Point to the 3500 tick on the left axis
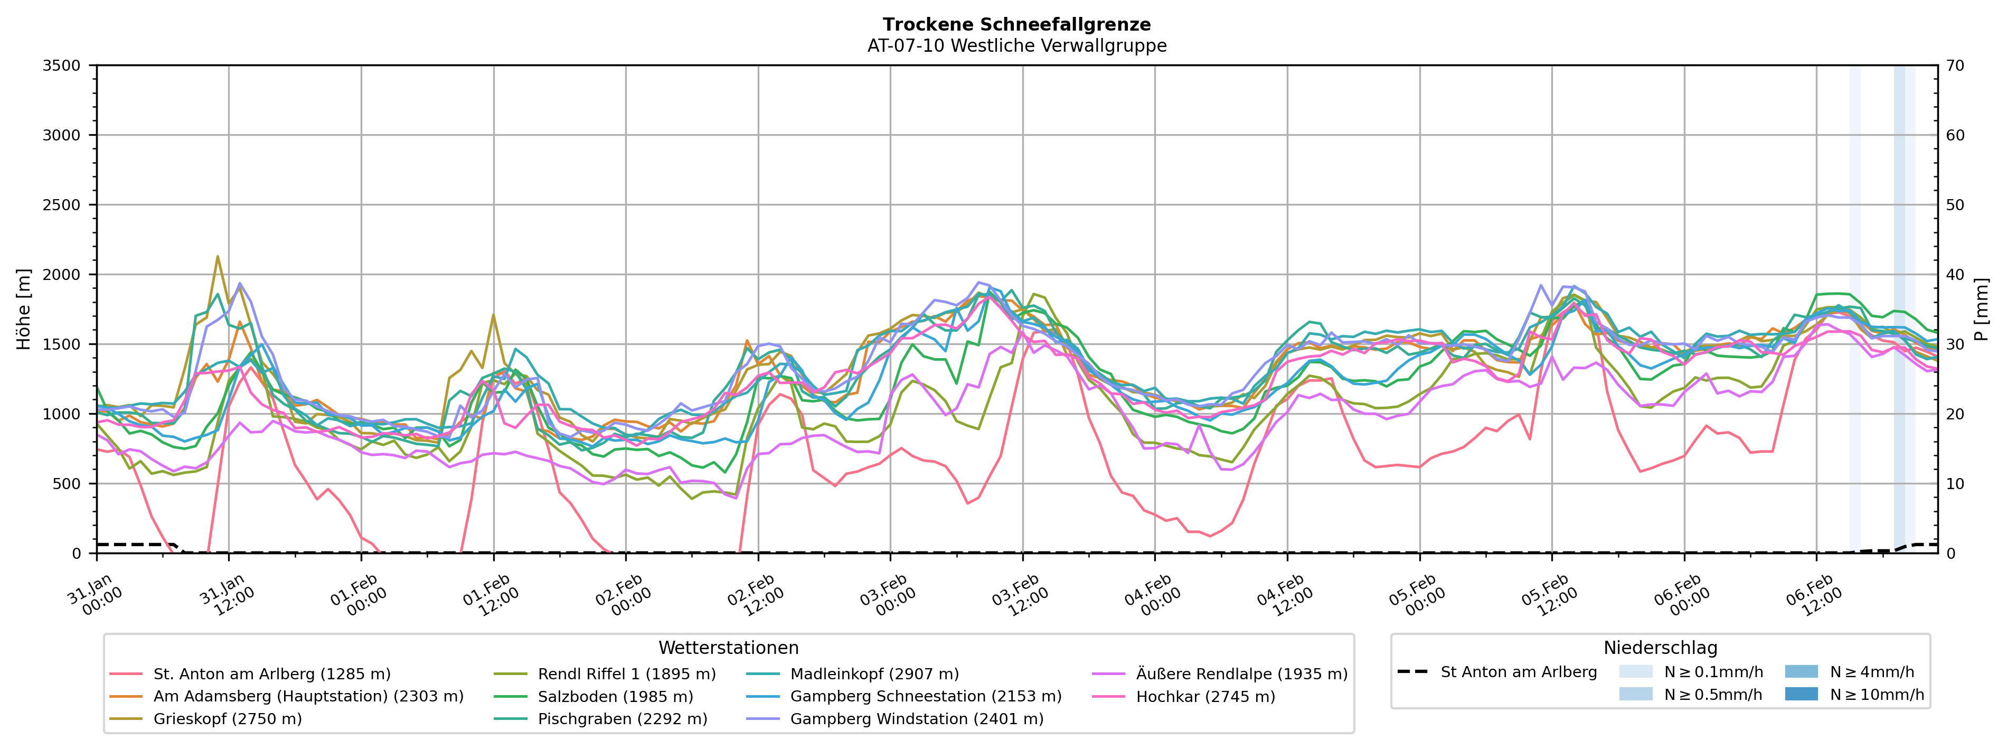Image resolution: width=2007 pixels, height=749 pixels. point(62,65)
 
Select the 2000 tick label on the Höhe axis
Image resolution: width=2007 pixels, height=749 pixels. point(62,274)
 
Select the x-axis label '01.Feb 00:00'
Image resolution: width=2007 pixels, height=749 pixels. point(357,596)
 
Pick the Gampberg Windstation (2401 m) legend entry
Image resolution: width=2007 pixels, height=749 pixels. point(916,718)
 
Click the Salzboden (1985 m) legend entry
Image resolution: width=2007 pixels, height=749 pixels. point(615,697)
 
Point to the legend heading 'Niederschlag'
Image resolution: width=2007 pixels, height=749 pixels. point(1660,648)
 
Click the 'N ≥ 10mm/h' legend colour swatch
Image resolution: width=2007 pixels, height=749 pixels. point(1801,694)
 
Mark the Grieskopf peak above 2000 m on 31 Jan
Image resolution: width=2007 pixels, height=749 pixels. point(218,256)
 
